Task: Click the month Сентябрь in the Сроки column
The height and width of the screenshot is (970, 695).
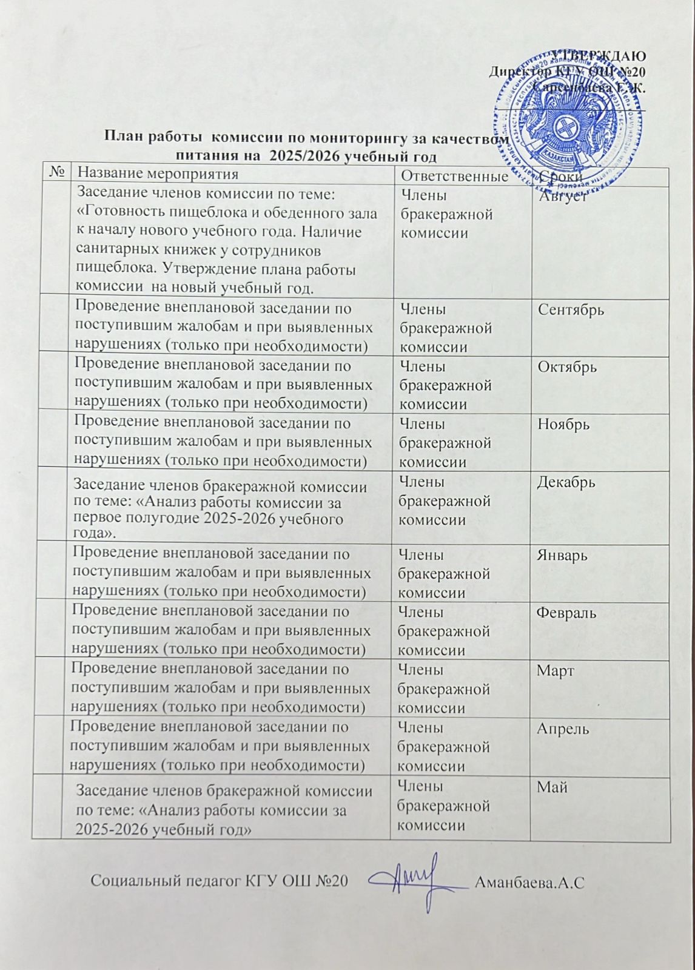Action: click(571, 310)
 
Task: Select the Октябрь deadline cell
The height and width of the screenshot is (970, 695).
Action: click(567, 368)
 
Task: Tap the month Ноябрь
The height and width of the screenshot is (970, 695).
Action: click(564, 425)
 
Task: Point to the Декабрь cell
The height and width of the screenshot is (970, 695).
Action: click(566, 483)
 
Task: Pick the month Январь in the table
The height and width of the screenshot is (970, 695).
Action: click(562, 555)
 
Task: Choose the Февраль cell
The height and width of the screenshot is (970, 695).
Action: click(566, 613)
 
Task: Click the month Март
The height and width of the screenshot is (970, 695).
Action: click(555, 671)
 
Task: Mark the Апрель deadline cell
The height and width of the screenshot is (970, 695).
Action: click(562, 729)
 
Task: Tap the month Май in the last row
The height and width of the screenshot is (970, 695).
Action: click(552, 787)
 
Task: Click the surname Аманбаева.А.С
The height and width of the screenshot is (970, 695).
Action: click(530, 882)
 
